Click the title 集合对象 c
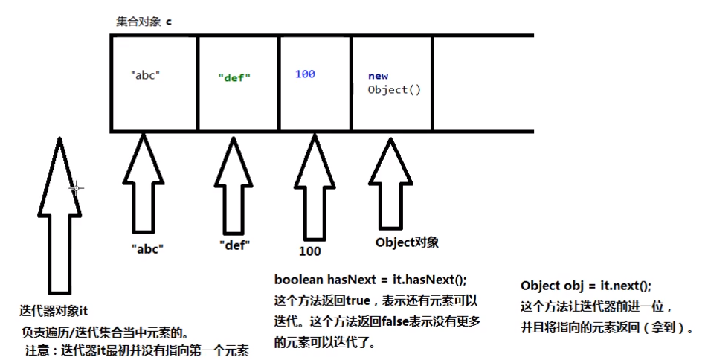pyautogui.click(x=144, y=21)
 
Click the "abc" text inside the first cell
pyautogui.click(x=145, y=74)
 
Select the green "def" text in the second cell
pyautogui.click(x=234, y=76)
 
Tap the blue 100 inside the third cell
pyautogui.click(x=305, y=74)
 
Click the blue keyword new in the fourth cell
pyautogui.click(x=378, y=76)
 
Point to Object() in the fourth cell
pyautogui.click(x=394, y=89)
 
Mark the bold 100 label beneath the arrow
pyautogui.click(x=309, y=251)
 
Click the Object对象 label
pyautogui.click(x=407, y=242)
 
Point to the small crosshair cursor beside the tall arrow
pyautogui.click(x=75, y=188)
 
